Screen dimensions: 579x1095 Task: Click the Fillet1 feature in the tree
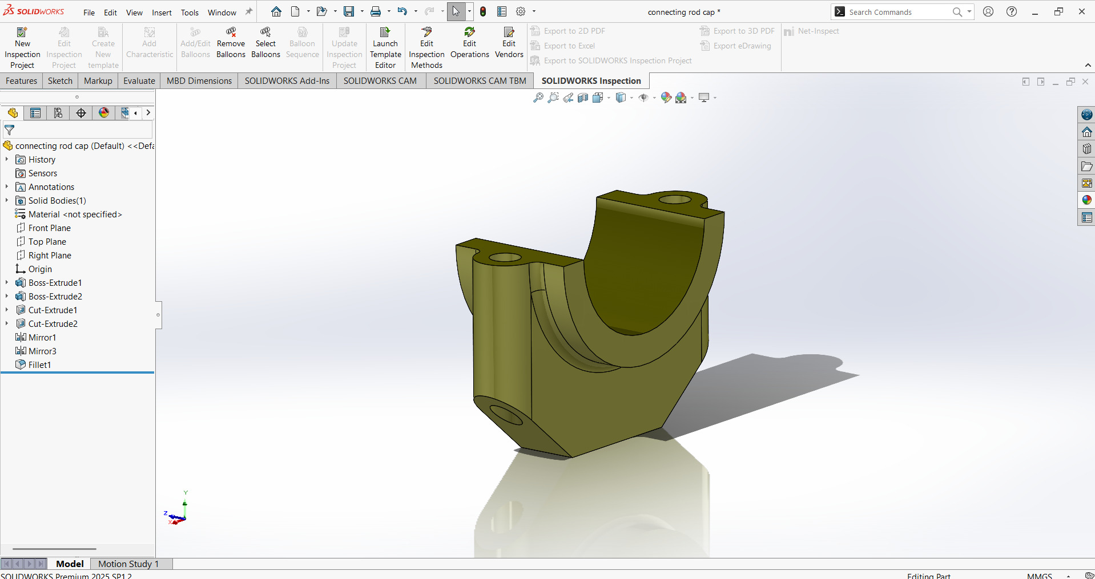point(39,365)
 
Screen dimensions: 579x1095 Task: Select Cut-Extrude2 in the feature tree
point(53,324)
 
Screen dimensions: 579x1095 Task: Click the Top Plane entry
point(47,242)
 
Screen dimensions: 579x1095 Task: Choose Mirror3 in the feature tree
point(42,351)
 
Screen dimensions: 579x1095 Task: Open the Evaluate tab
point(139,81)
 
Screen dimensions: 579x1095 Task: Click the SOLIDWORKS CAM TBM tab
point(479,81)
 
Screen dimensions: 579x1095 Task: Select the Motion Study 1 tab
point(128,564)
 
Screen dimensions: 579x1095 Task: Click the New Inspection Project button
point(22,48)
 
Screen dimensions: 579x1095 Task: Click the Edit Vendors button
point(509,43)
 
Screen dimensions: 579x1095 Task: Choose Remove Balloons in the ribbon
point(231,43)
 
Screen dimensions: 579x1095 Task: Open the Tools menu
point(190,13)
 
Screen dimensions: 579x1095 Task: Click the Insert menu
point(162,13)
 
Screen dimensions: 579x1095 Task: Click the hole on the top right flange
point(675,200)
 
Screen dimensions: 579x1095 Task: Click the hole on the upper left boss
point(505,258)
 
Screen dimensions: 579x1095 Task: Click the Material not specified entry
point(75,214)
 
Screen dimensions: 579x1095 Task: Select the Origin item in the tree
point(40,269)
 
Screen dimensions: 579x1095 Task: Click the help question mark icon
point(1011,11)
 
